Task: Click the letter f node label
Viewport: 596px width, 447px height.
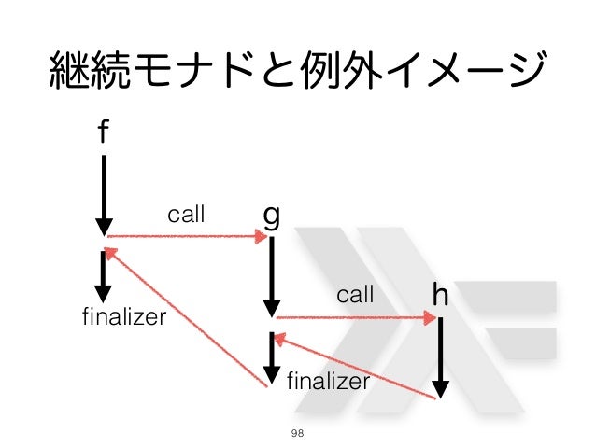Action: tap(104, 134)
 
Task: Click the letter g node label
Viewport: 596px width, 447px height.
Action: tap(271, 217)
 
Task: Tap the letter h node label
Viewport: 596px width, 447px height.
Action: tap(440, 297)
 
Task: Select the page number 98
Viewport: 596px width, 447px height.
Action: tap(298, 432)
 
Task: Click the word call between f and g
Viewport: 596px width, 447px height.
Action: tap(185, 215)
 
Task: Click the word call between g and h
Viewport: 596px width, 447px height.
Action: tap(355, 296)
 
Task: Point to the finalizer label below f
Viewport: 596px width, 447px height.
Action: tap(124, 317)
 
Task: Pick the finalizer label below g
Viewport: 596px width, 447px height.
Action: tap(328, 381)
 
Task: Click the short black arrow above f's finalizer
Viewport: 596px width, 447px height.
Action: tap(104, 275)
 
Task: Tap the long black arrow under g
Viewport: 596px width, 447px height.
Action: tap(272, 275)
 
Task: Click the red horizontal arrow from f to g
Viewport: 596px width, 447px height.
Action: tap(187, 237)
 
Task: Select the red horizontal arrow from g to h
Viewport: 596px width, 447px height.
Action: tap(355, 318)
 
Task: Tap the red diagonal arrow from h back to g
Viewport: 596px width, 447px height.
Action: tap(355, 368)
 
